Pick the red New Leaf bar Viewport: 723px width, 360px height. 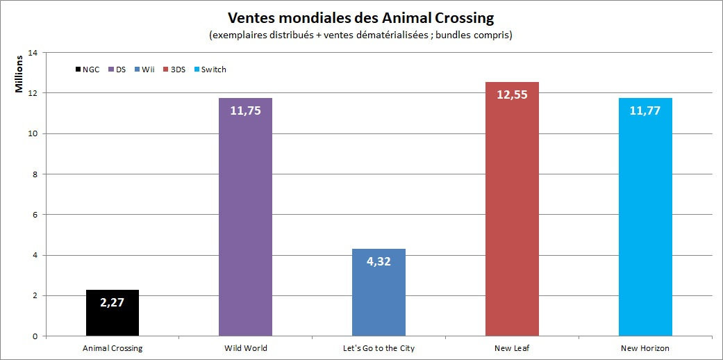click(x=512, y=222)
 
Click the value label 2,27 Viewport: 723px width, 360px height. click(x=113, y=302)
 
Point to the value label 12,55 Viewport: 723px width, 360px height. click(x=512, y=95)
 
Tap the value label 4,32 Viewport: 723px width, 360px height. click(x=379, y=263)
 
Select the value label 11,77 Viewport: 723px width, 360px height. click(x=645, y=110)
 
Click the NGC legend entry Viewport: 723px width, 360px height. click(x=86, y=69)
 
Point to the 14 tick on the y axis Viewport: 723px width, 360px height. click(x=33, y=52)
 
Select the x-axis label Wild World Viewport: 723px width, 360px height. click(x=245, y=348)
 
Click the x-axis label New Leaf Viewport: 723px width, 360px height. click(x=512, y=348)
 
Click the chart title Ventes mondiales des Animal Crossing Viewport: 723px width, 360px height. click(x=360, y=17)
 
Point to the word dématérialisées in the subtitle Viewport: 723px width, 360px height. click(x=393, y=35)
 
